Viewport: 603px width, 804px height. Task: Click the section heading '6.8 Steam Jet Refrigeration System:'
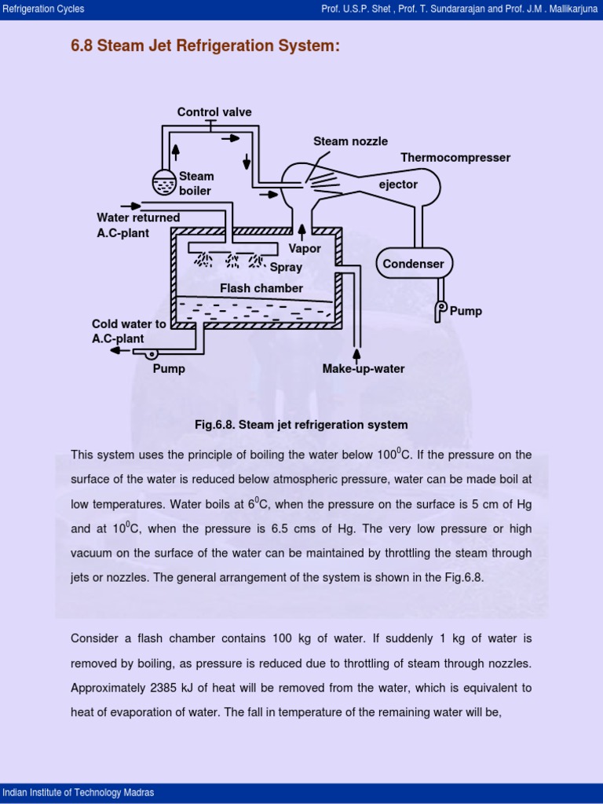205,47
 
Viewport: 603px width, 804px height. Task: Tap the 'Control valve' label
214,112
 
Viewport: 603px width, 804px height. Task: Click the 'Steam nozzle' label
350,141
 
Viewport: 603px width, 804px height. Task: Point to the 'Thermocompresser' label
455,158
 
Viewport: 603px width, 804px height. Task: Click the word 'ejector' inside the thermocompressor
398,185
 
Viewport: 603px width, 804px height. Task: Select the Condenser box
413,264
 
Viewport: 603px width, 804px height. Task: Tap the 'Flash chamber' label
261,288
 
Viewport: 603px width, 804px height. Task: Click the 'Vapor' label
305,249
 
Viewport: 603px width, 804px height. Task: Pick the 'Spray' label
286,268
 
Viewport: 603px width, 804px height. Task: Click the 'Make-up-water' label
364,369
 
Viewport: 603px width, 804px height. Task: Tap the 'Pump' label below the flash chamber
169,369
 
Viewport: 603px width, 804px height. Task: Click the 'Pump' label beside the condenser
466,312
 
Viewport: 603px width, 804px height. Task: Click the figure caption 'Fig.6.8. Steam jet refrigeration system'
301,425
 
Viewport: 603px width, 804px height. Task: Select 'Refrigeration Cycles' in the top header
44,9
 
